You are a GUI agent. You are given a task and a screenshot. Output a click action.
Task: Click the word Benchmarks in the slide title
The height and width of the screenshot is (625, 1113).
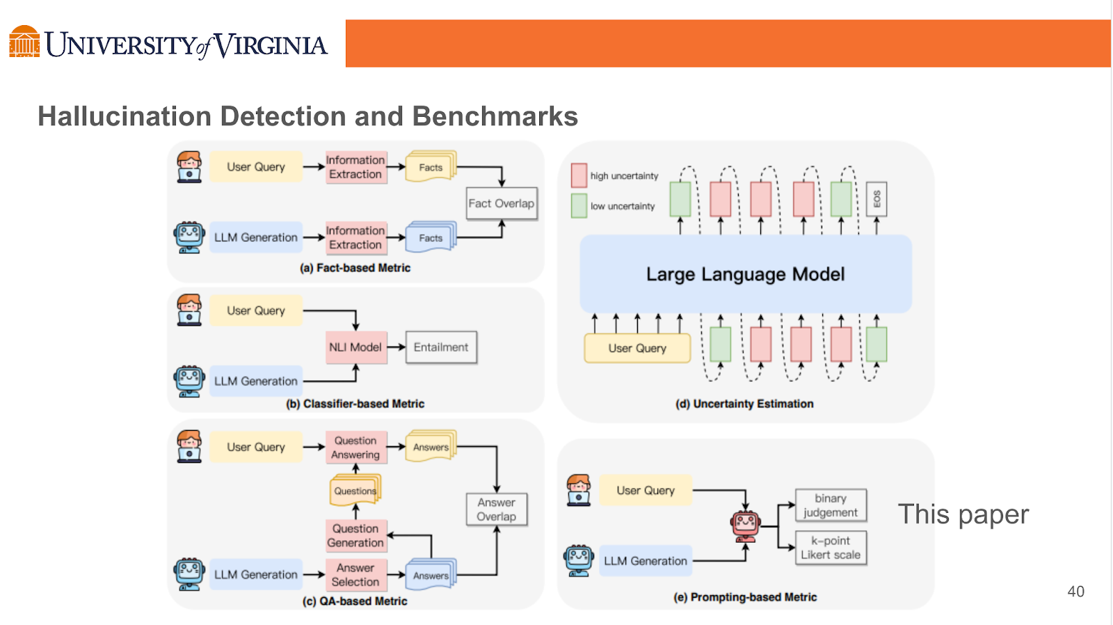point(495,116)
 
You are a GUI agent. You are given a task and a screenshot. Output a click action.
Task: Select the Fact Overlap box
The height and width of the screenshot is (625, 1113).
point(501,203)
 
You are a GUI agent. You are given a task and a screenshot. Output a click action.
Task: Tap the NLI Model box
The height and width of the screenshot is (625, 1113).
point(355,347)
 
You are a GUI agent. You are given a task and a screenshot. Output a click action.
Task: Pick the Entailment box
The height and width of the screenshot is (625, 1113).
point(441,347)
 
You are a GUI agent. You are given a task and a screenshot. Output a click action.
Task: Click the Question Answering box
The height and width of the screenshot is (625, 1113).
point(355,448)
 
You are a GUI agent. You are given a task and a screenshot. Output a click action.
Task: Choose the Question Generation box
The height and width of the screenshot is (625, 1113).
point(355,535)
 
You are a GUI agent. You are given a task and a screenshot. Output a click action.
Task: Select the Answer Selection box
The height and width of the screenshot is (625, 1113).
point(355,575)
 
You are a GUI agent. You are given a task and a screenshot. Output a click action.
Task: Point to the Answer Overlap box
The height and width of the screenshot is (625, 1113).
point(496,509)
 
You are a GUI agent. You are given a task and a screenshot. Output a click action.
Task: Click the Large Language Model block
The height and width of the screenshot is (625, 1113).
point(745,274)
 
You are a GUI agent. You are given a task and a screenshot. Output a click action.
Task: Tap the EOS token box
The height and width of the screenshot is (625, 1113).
point(876,199)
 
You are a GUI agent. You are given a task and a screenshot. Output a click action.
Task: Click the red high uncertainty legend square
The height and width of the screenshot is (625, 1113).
point(579,175)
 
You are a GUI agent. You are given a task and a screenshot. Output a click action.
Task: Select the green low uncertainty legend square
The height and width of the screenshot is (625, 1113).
point(579,206)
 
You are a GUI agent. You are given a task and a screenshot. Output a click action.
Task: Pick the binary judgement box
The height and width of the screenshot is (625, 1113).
point(831,505)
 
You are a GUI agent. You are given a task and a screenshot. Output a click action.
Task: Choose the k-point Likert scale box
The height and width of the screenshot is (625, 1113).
point(831,548)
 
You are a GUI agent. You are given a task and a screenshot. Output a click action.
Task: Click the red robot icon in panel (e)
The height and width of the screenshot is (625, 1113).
point(746,525)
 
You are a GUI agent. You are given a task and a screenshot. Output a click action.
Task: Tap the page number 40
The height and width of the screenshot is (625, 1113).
point(1075,592)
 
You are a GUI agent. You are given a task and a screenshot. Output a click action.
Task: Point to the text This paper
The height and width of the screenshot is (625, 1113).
point(963,514)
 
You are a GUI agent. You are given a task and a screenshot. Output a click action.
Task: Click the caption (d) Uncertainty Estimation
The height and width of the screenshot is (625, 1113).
point(744,404)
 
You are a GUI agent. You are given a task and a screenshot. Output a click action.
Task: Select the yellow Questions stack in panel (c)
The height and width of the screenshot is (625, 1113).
point(355,490)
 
